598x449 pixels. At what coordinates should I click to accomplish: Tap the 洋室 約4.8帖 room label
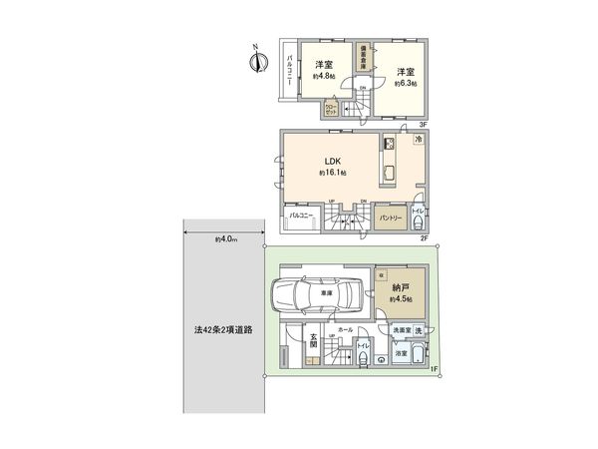[x=321, y=71]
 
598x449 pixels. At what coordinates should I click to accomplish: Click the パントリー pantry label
[x=391, y=218]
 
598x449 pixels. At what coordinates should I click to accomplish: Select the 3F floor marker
[x=423, y=124]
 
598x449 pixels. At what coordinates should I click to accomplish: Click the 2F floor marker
[x=423, y=238]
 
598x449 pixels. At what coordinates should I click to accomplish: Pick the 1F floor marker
[x=434, y=371]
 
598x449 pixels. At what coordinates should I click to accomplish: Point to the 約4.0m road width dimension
[x=224, y=239]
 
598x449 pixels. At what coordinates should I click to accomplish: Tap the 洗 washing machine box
[x=419, y=330]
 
